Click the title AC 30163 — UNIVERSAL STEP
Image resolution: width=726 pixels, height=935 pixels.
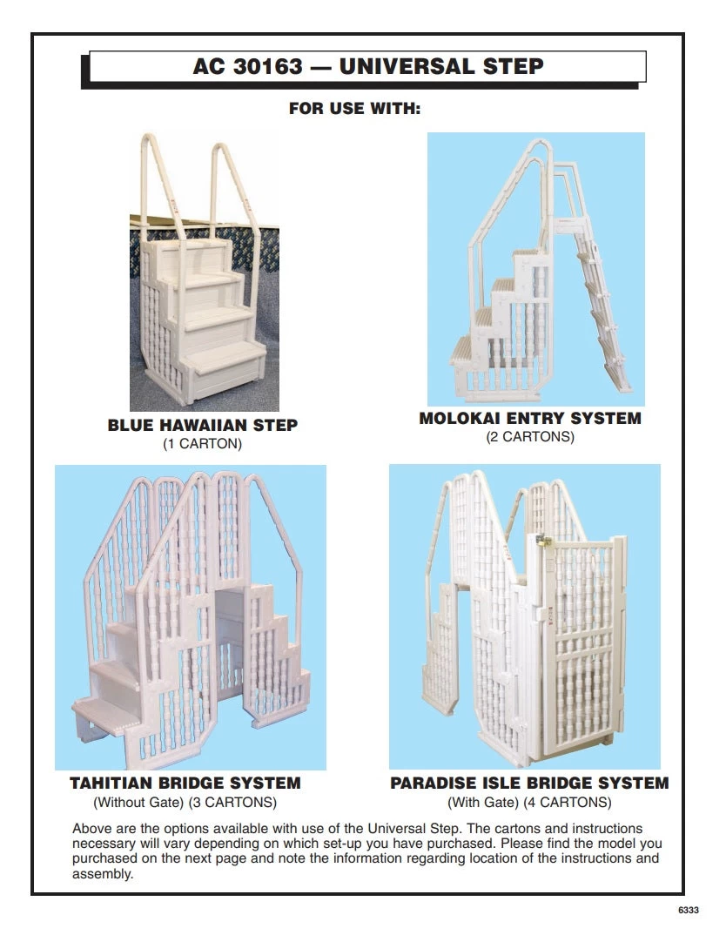click(367, 67)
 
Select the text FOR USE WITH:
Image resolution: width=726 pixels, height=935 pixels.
click(354, 110)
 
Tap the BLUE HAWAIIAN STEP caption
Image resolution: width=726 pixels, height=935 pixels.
click(203, 426)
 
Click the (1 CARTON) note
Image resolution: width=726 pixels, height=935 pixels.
click(203, 444)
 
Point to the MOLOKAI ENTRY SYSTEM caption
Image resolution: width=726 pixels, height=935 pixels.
click(530, 419)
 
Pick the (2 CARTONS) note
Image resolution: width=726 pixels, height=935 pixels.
click(530, 437)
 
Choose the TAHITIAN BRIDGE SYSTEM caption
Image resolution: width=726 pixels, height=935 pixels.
click(185, 784)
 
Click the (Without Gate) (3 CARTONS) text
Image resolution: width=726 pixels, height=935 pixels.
click(185, 802)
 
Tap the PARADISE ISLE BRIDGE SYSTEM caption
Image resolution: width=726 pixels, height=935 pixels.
click(529, 784)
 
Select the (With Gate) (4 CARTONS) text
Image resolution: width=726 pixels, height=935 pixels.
click(529, 802)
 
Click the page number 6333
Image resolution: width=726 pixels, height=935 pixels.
click(688, 910)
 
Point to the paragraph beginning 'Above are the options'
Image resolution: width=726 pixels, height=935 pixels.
click(366, 851)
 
